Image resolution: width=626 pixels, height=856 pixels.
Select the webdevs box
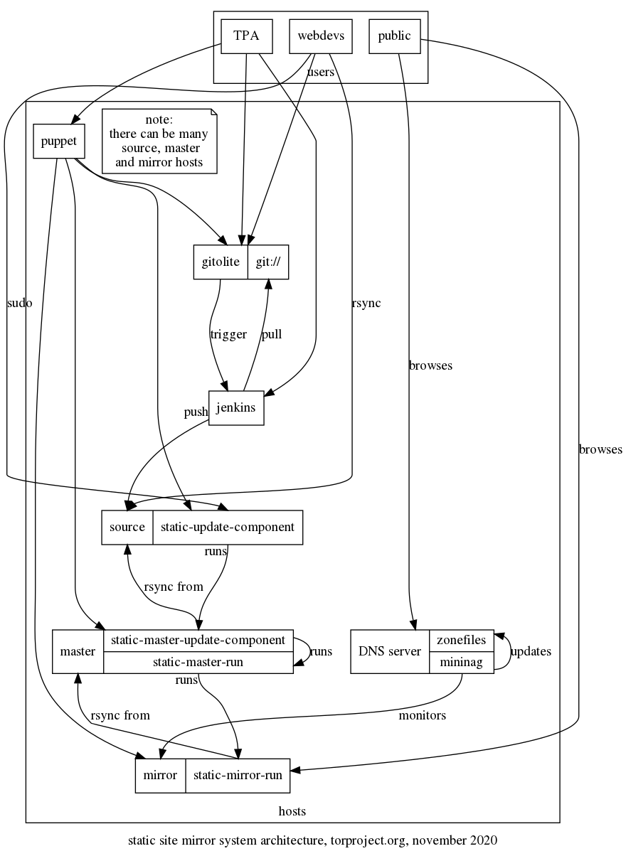(321, 36)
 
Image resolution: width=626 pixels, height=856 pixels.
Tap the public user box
(394, 36)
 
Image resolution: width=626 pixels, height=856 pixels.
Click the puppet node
(59, 141)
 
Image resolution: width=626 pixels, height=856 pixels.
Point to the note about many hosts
(159, 141)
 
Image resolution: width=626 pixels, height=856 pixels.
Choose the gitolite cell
(221, 262)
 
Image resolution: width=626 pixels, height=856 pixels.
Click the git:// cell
(268, 262)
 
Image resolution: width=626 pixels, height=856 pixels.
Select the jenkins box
(236, 408)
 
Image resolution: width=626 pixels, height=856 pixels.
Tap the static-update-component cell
(228, 528)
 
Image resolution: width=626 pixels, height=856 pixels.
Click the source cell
(127, 528)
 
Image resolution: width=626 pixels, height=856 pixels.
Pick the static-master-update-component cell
(198, 640)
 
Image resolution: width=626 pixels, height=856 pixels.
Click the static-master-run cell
(198, 663)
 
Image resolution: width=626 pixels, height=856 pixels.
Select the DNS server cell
(390, 651)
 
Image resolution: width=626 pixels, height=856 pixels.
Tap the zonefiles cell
(462, 640)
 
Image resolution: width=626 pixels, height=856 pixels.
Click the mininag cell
(462, 663)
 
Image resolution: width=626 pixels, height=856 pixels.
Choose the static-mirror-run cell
(238, 776)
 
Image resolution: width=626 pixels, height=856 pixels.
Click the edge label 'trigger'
(228, 334)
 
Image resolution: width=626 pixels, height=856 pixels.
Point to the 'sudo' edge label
(19, 303)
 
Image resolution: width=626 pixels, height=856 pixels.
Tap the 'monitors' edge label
(422, 715)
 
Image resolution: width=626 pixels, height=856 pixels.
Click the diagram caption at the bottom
(312, 840)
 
